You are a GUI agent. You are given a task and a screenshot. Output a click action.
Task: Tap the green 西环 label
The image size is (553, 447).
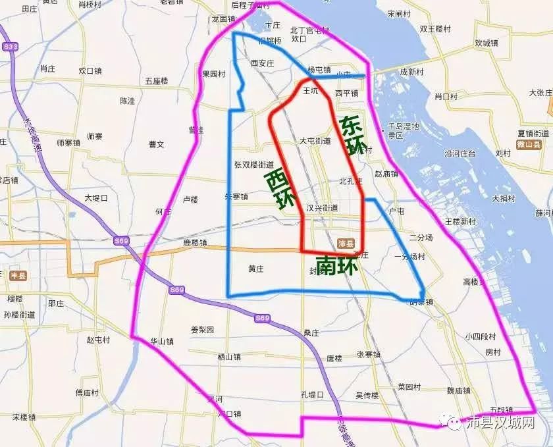(280, 190)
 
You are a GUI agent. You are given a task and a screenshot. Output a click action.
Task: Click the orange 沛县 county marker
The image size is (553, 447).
(346, 242)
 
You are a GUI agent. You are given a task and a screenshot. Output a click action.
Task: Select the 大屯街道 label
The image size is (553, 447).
(315, 141)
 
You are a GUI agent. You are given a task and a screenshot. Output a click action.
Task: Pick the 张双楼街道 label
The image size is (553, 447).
(253, 165)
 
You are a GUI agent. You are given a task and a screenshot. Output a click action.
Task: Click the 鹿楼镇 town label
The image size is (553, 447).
(195, 243)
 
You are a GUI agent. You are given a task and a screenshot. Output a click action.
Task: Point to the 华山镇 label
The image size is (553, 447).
(161, 342)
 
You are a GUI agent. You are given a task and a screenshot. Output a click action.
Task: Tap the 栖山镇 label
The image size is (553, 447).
(229, 357)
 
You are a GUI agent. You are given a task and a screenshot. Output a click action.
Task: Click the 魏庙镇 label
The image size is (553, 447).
(460, 390)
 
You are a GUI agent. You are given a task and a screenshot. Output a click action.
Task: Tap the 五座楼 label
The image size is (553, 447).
(157, 81)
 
